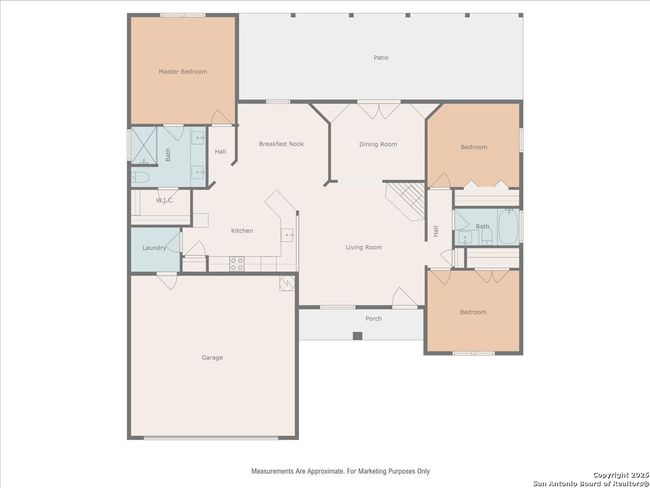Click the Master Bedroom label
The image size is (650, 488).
pyautogui.click(x=183, y=72)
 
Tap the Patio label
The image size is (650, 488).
pyautogui.click(x=381, y=58)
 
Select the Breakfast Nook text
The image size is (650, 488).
pyautogui.click(x=281, y=144)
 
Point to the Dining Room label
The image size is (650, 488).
pyautogui.click(x=378, y=144)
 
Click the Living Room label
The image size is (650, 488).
pyautogui.click(x=364, y=247)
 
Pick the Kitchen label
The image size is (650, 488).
pyautogui.click(x=242, y=231)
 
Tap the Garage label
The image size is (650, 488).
pyautogui.click(x=212, y=357)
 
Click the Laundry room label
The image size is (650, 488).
pyautogui.click(x=154, y=248)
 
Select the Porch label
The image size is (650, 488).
pyautogui.click(x=374, y=318)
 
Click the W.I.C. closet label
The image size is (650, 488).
pyautogui.click(x=165, y=201)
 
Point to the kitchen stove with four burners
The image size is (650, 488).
pyautogui.click(x=237, y=264)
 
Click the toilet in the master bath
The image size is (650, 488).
pyautogui.click(x=141, y=177)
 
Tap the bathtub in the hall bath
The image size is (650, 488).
pyautogui.click(x=508, y=226)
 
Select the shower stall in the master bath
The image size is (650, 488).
pyautogui.click(x=143, y=146)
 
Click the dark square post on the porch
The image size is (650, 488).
pyautogui.click(x=357, y=336)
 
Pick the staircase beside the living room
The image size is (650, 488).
pyautogui.click(x=405, y=202)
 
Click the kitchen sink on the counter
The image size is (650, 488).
pyautogui.click(x=287, y=235)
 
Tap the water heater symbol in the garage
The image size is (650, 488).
pyautogui.click(x=287, y=284)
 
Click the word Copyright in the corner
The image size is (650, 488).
pyautogui.click(x=610, y=475)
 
